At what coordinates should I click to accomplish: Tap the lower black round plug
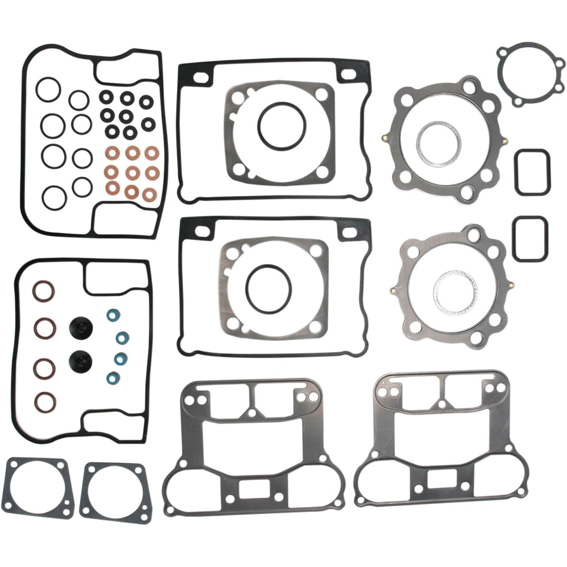[x=80, y=359]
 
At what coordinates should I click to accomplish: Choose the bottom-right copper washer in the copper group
[x=149, y=193]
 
